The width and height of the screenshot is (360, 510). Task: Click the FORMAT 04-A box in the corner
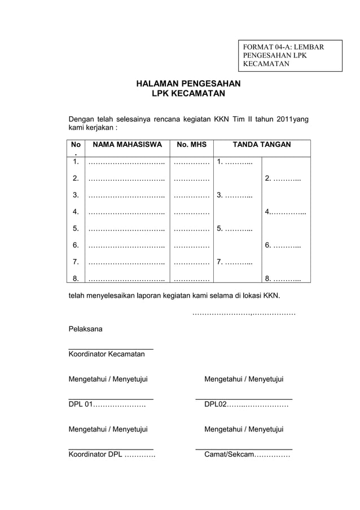tap(289, 55)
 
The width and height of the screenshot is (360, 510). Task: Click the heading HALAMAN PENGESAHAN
tap(188, 84)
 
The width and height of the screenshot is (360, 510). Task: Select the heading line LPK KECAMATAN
tap(188, 94)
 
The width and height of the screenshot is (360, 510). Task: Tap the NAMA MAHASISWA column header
tap(127, 145)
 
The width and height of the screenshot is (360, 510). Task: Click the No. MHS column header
tap(192, 145)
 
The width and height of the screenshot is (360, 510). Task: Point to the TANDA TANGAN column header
tap(262, 145)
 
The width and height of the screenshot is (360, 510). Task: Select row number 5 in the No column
tap(75, 229)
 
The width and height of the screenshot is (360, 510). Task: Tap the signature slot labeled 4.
tap(285, 212)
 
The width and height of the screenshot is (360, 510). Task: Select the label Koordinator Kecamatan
tap(107, 354)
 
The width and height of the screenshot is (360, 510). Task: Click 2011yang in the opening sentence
tap(289, 119)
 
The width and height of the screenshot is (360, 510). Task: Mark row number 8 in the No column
tap(75, 278)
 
